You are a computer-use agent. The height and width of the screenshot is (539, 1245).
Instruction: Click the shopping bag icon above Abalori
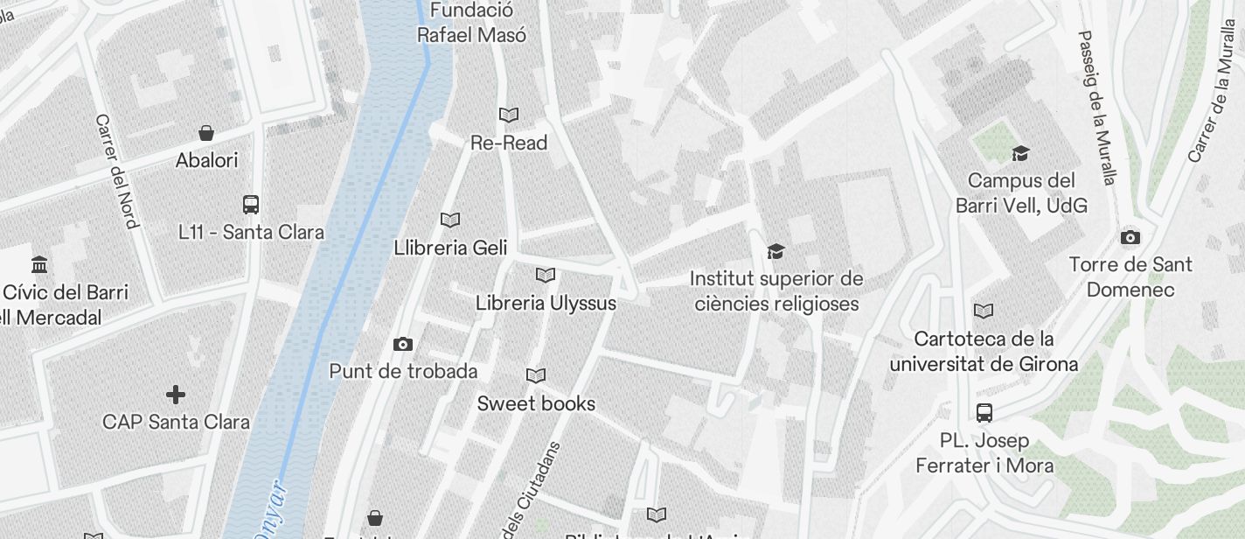[206, 133]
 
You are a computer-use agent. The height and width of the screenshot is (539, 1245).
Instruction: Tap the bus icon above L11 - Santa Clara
[251, 205]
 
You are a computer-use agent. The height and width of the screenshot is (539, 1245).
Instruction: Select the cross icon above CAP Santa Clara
[176, 395]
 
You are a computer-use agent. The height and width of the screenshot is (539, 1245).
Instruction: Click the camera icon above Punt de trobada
[403, 344]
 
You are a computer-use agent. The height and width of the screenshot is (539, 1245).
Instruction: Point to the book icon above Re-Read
[509, 115]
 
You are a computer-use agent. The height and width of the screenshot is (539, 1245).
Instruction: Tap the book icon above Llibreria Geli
[450, 220]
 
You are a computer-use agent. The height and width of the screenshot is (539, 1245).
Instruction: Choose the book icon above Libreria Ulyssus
[546, 276]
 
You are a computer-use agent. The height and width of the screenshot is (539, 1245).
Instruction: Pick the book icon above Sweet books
[536, 375]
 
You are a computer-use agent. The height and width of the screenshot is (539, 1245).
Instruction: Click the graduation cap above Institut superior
[776, 252]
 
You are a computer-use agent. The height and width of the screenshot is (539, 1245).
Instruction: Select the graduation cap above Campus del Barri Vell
[1020, 154]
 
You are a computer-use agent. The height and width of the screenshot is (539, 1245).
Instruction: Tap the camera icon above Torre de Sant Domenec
[1130, 237]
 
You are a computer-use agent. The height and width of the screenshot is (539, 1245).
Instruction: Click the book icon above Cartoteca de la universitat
[984, 311]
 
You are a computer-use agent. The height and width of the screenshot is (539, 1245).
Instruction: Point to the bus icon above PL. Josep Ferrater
[984, 412]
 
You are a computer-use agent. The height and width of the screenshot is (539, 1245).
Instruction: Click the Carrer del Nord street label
[117, 171]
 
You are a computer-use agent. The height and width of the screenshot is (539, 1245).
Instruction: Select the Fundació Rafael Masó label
[471, 23]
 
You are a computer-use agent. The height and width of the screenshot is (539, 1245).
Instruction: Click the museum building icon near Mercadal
[39, 264]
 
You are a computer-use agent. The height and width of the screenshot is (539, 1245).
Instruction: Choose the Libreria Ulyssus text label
[546, 303]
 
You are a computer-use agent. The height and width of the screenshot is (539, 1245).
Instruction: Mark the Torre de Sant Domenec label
[1130, 276]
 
